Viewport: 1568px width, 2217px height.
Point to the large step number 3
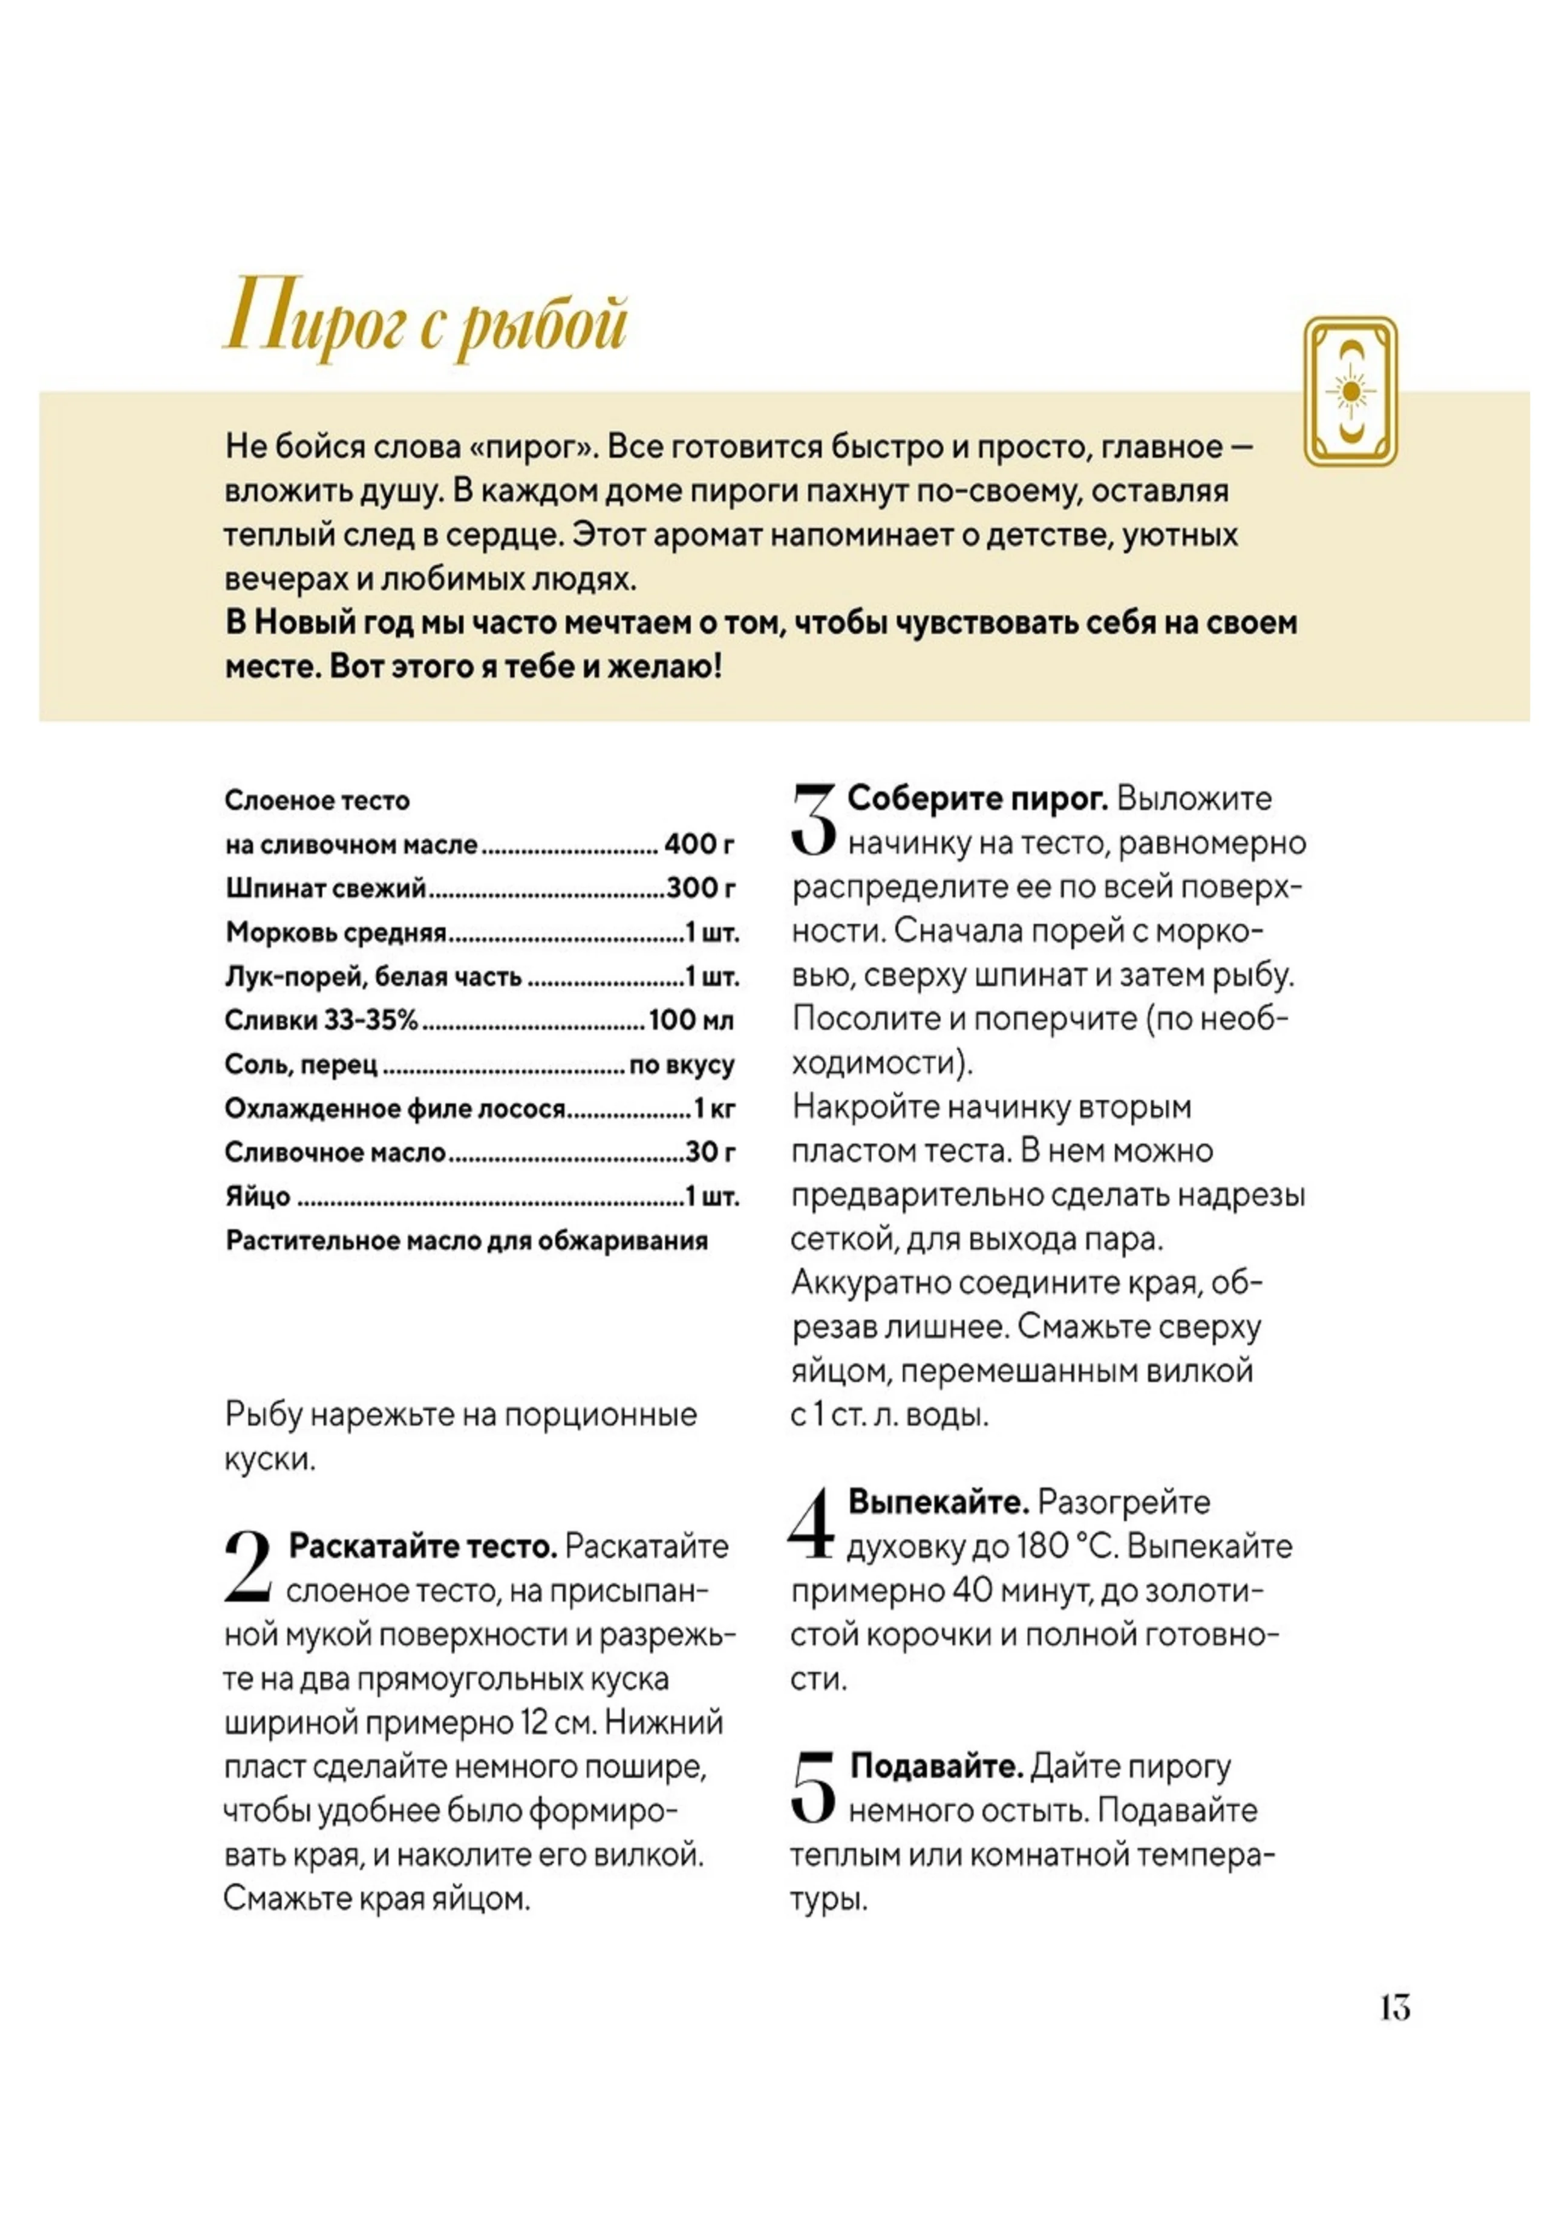click(x=813, y=819)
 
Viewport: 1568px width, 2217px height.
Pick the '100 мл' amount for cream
click(x=691, y=1020)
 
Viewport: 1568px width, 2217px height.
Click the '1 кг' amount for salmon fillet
click(x=714, y=1108)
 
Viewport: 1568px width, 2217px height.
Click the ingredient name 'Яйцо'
click(x=258, y=1197)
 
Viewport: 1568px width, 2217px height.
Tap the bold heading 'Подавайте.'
click(x=936, y=1766)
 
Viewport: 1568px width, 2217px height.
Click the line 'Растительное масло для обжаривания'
click(x=466, y=1241)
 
